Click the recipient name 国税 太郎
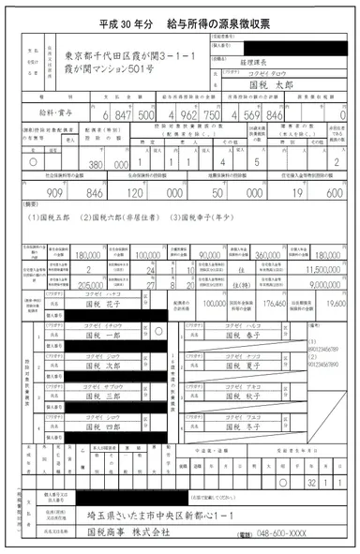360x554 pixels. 250,82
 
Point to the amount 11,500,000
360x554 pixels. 322,268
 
